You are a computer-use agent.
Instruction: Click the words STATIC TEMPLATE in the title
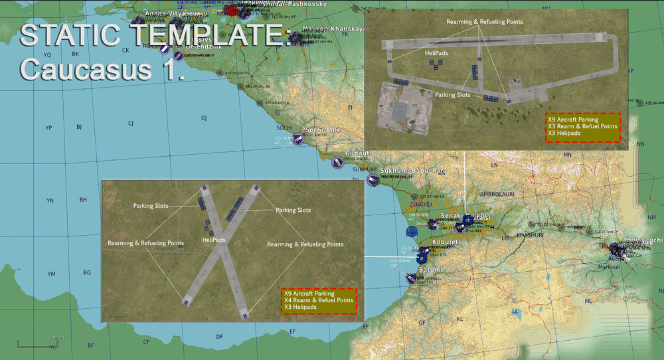pyautogui.click(x=153, y=35)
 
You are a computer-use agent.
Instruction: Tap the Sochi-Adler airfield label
pyautogui.click(x=323, y=130)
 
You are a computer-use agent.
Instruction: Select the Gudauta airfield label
pyautogui.click(x=359, y=153)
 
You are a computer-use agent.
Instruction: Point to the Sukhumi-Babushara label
pyautogui.click(x=412, y=171)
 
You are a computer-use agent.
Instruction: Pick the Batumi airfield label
pyautogui.click(x=430, y=269)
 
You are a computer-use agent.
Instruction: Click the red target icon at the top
pyautogui.click(x=231, y=11)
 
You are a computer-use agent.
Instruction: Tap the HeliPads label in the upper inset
pyautogui.click(x=436, y=52)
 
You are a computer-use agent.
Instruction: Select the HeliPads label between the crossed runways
pyautogui.click(x=214, y=239)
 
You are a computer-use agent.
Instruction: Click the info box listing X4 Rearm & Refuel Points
pyautogui.click(x=318, y=300)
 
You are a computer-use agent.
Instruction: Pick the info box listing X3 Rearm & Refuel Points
pyautogui.click(x=582, y=126)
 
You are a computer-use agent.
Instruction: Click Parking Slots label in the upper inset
pyautogui.click(x=454, y=95)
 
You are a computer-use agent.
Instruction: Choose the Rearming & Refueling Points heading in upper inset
pyautogui.click(x=485, y=22)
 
